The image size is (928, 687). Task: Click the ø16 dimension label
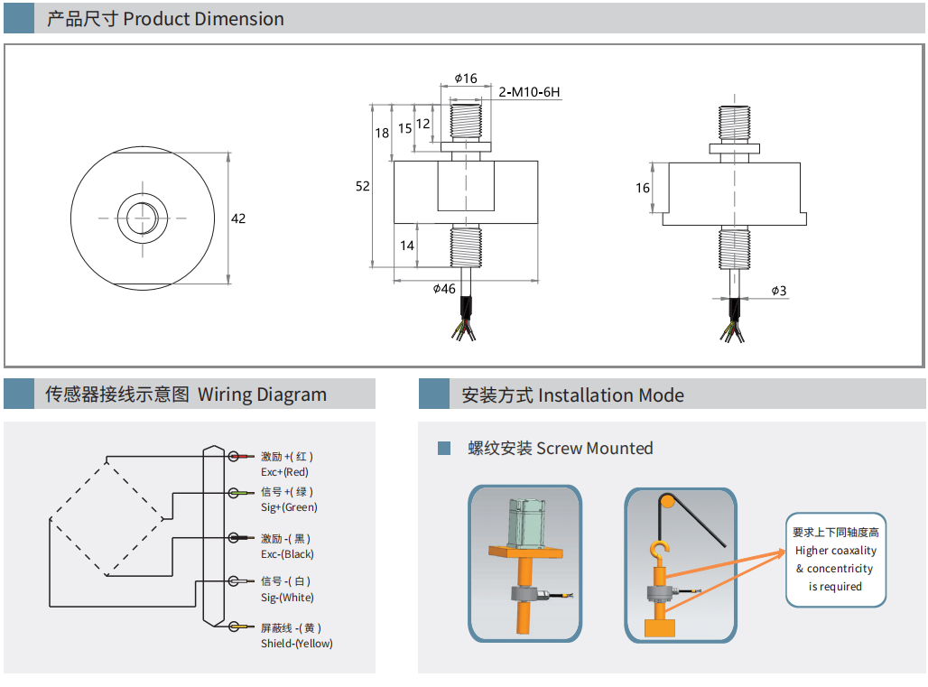pos(466,79)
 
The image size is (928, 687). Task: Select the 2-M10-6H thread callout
pos(530,92)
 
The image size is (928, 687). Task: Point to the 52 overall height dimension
pos(363,186)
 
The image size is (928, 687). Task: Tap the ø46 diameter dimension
pos(445,289)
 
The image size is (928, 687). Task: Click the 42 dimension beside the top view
pos(238,218)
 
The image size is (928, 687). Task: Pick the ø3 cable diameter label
pos(779,291)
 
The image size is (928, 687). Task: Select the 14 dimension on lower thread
pos(407,246)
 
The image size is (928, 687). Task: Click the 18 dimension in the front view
pos(382,133)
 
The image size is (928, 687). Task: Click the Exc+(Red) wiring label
pos(284,472)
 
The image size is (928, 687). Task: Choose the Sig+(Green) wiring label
pos(289,507)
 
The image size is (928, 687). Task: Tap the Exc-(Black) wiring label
pos(287,554)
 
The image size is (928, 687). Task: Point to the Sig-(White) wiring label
pos(287,598)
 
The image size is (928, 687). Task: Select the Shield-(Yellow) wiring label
pos(296,644)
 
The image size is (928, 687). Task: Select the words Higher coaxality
pos(835,551)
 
